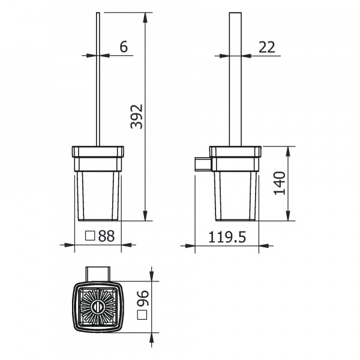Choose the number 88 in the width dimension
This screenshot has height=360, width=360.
(x=106, y=236)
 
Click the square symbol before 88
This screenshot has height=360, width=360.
(x=90, y=236)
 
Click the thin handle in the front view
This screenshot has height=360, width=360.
(x=98, y=78)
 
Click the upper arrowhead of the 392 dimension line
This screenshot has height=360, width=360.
(x=146, y=15)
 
